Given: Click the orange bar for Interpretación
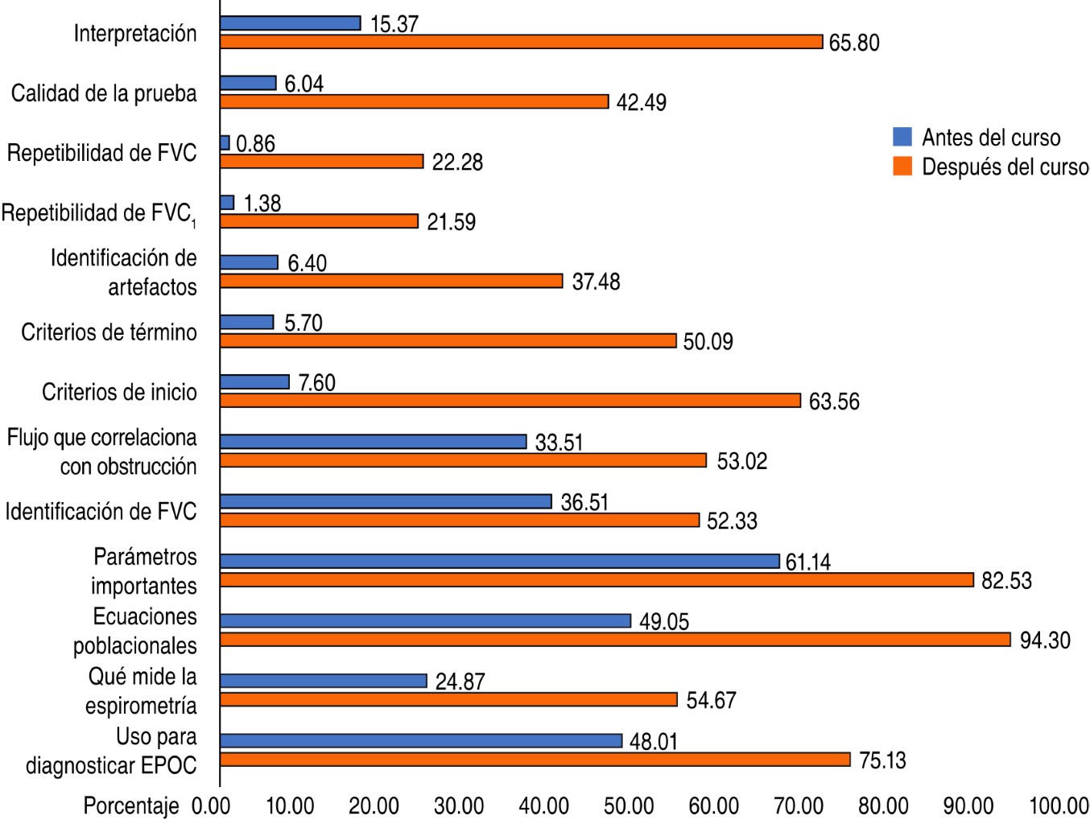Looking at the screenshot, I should (521, 42).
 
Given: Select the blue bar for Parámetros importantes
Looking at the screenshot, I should (499, 561).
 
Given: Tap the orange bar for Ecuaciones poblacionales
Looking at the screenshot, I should (615, 640).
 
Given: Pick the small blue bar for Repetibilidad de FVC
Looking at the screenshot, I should (225, 143).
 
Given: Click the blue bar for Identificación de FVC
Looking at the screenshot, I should (386, 501).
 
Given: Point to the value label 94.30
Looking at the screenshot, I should (1045, 641).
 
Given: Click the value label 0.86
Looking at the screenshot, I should (256, 144).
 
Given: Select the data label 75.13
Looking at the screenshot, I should (882, 760).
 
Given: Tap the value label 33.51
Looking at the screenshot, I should (559, 443).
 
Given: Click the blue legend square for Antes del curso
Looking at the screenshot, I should (902, 137).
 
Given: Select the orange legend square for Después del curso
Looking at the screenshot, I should (902, 167).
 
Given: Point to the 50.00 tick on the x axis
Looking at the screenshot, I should (629, 805).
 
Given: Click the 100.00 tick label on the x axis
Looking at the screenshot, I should (1059, 805).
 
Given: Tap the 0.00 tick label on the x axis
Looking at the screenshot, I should (211, 805).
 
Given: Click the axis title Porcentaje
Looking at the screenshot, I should (131, 805).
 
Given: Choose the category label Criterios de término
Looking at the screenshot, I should (109, 332).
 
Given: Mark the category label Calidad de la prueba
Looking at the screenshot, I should (104, 93).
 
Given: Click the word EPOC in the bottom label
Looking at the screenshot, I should (168, 765).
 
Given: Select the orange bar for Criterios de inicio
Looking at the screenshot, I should (510, 401).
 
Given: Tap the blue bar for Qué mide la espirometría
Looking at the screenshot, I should (323, 681).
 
